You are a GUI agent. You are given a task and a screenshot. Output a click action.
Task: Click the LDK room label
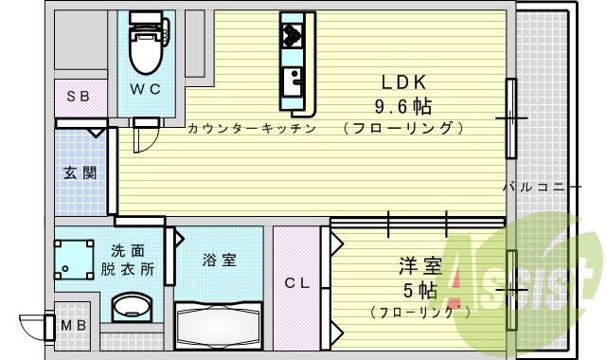402,81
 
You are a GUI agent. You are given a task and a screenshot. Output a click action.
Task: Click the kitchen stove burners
292,36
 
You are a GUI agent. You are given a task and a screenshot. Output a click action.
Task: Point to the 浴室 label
219,260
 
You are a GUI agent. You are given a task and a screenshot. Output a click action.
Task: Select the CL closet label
296,283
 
